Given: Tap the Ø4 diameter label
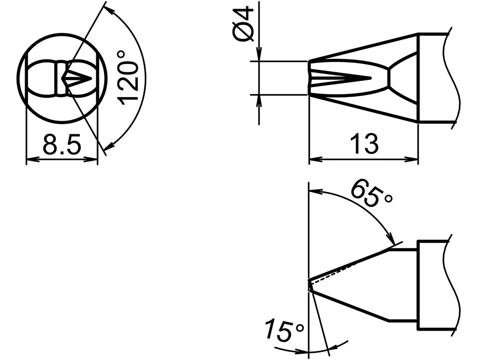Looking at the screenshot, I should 244,24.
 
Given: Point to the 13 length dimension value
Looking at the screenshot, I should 364,144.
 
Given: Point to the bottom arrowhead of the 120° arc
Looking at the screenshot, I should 107,148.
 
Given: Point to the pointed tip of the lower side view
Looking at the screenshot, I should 309,284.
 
